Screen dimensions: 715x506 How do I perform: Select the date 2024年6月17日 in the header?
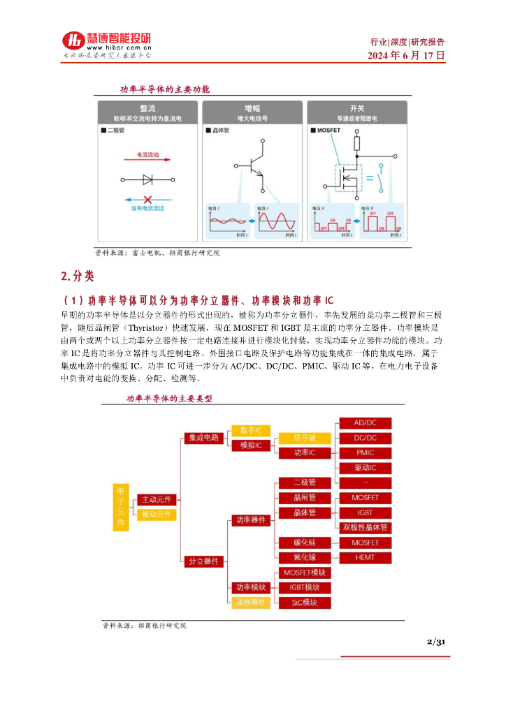(407, 55)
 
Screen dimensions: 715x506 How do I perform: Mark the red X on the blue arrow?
(147, 199)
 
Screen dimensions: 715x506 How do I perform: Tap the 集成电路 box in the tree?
(203, 438)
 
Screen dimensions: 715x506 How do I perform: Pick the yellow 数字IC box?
(250, 430)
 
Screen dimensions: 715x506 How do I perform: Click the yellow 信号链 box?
(305, 438)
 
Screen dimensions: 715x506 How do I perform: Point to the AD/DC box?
(365, 423)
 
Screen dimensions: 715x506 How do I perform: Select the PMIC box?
(365, 452)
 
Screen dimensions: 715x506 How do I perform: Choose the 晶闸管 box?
(305, 498)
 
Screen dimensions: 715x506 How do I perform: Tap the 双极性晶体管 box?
(365, 527)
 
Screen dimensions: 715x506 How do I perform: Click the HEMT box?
(365, 557)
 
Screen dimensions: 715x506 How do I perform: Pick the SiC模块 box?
(305, 602)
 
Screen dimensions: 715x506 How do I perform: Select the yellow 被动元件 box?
(157, 515)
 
